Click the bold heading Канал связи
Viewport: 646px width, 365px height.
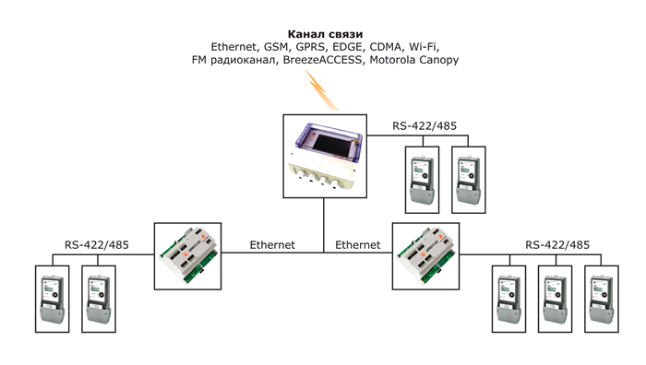(325, 34)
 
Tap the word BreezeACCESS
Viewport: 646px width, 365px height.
(323, 60)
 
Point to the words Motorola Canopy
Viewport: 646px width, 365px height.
(414, 61)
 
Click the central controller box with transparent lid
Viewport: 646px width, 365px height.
(325, 157)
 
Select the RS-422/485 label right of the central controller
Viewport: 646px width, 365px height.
(425, 126)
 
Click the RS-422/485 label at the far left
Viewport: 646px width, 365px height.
(97, 245)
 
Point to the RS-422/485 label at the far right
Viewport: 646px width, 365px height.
(557, 245)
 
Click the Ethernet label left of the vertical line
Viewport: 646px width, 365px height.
(272, 245)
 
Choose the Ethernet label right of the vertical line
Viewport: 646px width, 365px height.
(358, 245)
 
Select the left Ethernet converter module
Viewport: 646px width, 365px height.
(188, 256)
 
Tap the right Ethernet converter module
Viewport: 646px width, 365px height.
(425, 256)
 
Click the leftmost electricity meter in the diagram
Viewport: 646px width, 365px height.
(53, 299)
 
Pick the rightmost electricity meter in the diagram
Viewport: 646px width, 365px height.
(602, 299)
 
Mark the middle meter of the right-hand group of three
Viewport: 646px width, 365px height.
(555, 299)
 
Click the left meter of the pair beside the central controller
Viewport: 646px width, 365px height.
(423, 180)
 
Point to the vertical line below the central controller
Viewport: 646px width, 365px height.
(324, 225)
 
